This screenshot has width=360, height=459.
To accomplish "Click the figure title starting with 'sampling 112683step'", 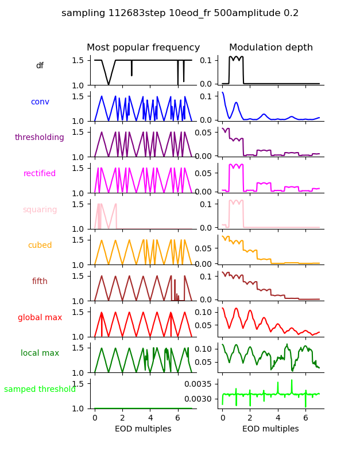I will pos(180,13).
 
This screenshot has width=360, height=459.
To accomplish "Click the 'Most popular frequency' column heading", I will pos(143,48).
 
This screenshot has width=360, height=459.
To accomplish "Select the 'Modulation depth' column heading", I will pos(270,48).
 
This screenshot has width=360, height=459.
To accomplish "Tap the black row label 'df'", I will pos(40,66).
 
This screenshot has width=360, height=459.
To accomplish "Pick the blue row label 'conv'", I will pos(40,102).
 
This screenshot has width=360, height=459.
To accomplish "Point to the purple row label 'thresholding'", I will pos(40,138).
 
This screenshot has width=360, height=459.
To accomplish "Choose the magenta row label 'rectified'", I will pos(40,174).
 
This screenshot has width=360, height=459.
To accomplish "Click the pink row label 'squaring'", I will pos(40,210).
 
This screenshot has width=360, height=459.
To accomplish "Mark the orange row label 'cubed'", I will pos(40,246).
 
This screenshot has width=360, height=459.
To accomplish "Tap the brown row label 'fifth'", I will pos(40,282).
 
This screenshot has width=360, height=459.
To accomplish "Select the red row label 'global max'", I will pos(40,317).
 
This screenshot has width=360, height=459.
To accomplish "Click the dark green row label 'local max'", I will pos(40,353).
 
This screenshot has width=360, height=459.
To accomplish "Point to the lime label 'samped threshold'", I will pos(40,390).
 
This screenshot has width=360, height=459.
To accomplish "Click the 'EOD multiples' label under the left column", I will pos(143,429).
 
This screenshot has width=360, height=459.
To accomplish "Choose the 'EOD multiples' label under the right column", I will pos(270,429).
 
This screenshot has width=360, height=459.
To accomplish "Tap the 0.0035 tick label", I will pos(198,384).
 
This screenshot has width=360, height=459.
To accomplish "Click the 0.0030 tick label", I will pos(198,399).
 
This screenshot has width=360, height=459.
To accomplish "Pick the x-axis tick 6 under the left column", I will pos(178,418).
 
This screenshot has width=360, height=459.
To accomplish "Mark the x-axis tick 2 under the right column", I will pos(250,418).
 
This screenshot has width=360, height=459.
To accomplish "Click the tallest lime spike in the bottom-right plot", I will pos(292,380).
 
